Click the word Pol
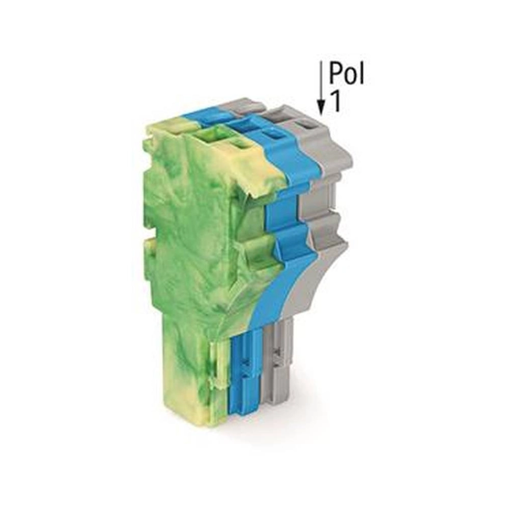click(346, 73)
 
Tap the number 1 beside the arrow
click(336, 101)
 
